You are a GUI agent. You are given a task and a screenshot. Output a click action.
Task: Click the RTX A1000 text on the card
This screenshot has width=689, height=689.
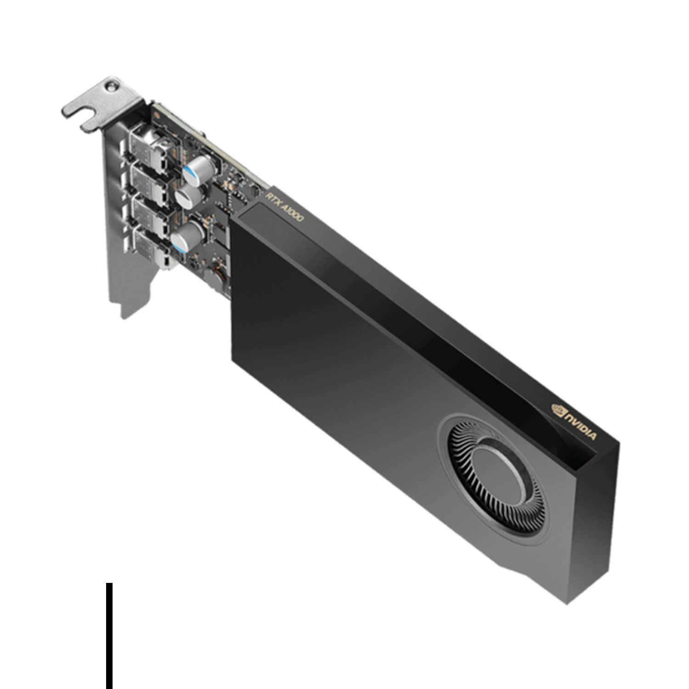(285, 207)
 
